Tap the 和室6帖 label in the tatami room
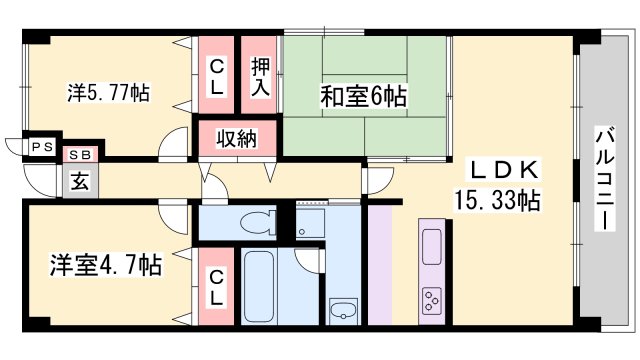click(362, 97)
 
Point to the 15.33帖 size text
click(498, 199)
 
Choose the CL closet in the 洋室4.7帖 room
click(216, 288)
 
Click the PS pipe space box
click(41, 147)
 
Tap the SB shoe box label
click(78, 156)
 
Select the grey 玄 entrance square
click(78, 182)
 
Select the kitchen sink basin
click(433, 244)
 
